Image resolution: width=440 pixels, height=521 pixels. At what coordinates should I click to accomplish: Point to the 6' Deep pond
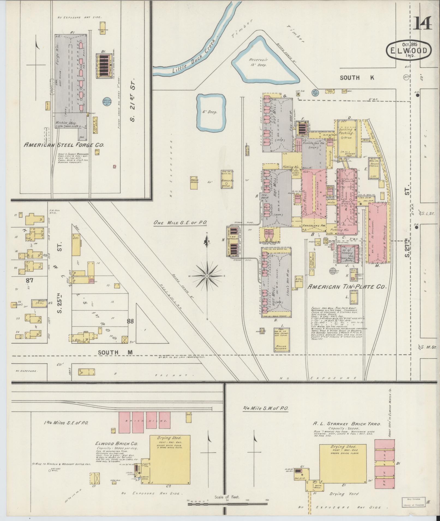pos(211,112)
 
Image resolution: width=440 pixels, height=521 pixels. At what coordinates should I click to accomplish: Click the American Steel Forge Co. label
pos(64,145)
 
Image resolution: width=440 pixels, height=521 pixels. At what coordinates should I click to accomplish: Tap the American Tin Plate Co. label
pos(347,287)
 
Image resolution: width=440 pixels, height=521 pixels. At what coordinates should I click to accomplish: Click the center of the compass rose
pos(207,276)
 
